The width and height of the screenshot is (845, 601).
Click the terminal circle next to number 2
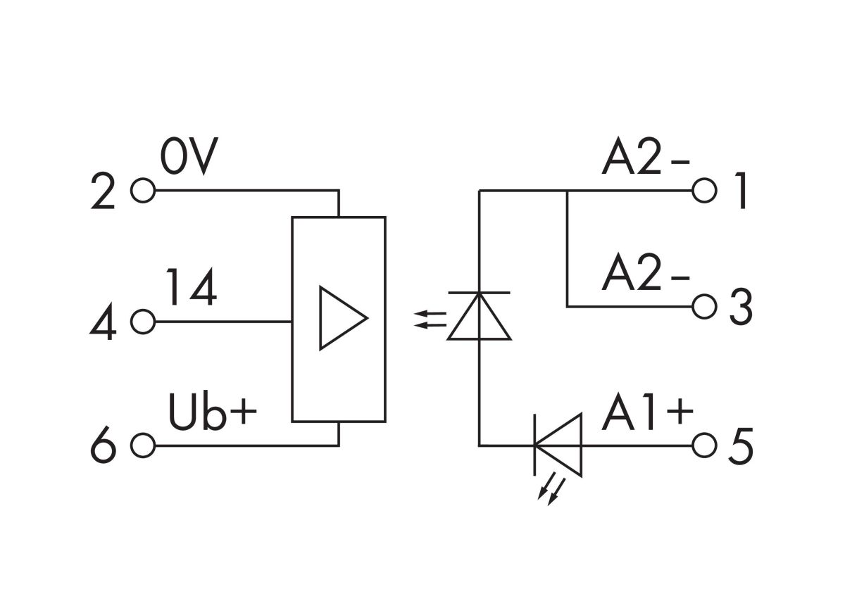(143, 191)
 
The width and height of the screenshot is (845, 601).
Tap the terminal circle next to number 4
(143, 322)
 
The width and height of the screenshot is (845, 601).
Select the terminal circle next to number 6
(143, 445)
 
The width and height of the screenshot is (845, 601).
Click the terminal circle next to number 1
(704, 190)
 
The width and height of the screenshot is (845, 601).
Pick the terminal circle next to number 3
(704, 306)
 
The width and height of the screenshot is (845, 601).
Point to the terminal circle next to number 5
(704, 445)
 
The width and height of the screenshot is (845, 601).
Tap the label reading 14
(192, 289)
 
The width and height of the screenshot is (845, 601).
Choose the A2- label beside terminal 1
(645, 160)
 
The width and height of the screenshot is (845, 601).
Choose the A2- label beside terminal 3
(645, 276)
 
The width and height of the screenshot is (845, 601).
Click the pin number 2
(104, 194)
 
